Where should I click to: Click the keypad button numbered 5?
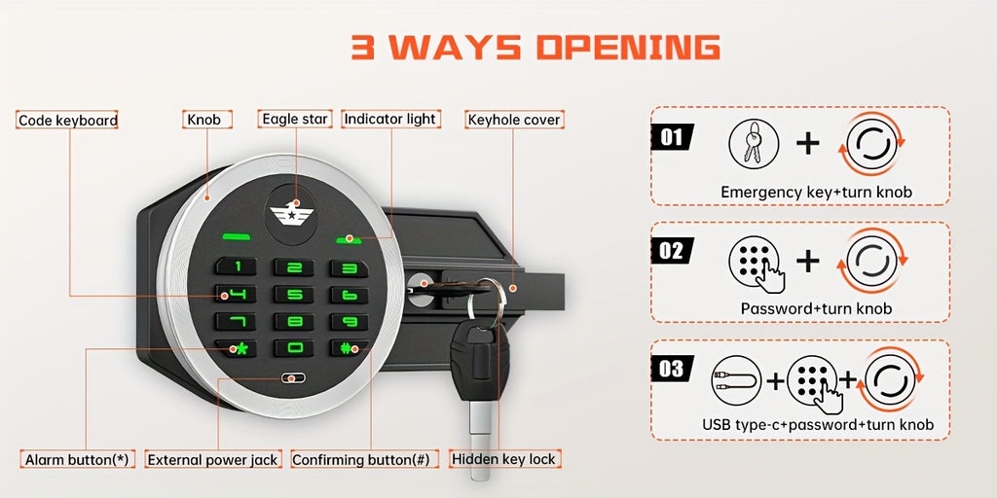(294, 294)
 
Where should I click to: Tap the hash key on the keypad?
(350, 348)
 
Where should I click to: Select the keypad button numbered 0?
(294, 348)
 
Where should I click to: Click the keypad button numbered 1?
(236, 267)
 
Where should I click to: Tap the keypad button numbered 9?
(350, 321)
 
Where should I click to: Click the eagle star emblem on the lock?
(292, 213)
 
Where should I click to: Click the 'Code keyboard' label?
(68, 120)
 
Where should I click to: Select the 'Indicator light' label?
(390, 119)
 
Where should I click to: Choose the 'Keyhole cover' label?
(514, 120)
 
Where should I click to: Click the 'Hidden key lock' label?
(505, 459)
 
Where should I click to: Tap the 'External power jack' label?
(213, 460)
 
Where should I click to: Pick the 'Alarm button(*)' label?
(78, 459)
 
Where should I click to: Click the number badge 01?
(672, 137)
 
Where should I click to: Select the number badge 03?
(672, 369)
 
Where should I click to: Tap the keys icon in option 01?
(754, 144)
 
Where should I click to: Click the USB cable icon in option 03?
(736, 380)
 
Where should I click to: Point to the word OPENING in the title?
(628, 48)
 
